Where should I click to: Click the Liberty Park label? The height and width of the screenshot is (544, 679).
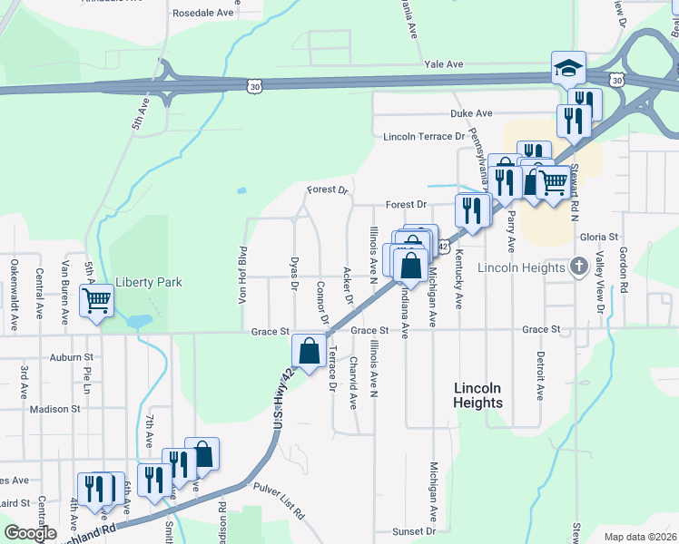point(149,282)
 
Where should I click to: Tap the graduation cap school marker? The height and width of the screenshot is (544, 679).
point(569,68)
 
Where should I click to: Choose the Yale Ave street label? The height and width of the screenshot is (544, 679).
point(444,64)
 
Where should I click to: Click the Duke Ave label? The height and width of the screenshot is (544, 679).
point(471,113)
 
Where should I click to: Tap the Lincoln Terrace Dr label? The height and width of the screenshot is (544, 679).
point(424,137)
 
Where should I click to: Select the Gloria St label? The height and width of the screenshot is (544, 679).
point(605,237)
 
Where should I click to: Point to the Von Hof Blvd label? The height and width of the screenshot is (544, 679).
point(243,275)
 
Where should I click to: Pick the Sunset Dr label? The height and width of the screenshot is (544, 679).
point(413,531)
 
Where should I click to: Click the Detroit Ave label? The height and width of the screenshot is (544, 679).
point(540,376)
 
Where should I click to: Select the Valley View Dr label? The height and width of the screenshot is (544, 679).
point(600,285)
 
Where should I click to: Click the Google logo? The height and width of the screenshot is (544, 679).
point(30,533)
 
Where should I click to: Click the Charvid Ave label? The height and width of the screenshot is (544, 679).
point(353,382)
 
